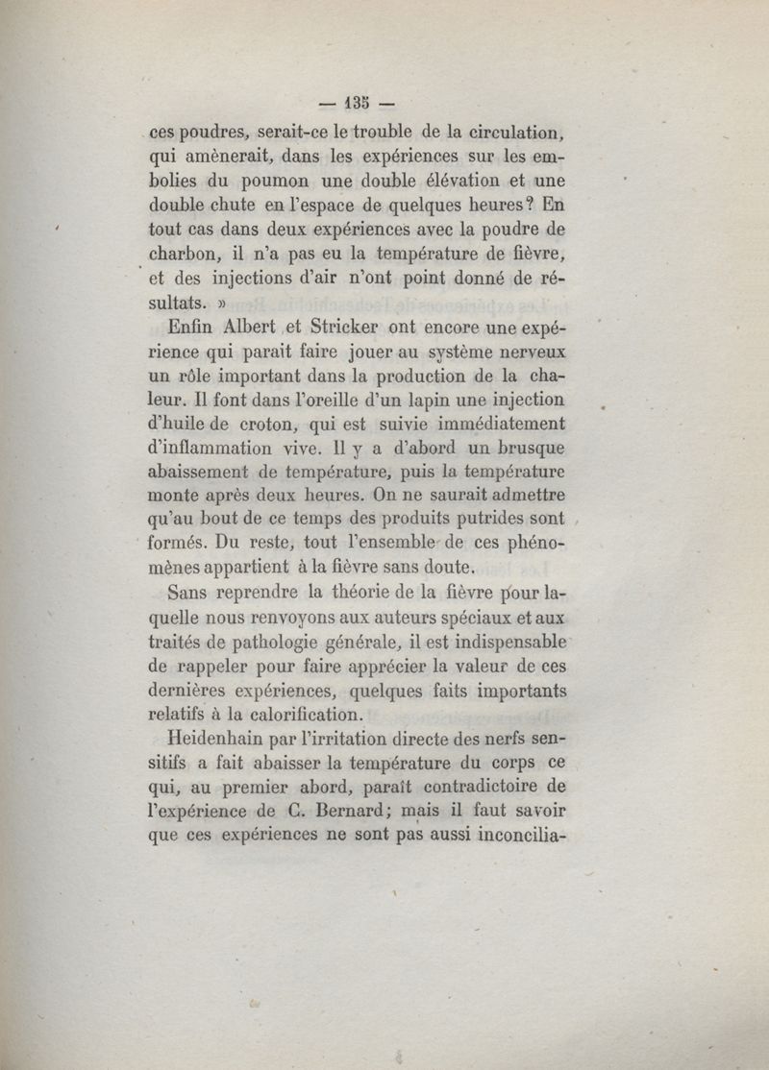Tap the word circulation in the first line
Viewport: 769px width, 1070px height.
coord(508,131)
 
